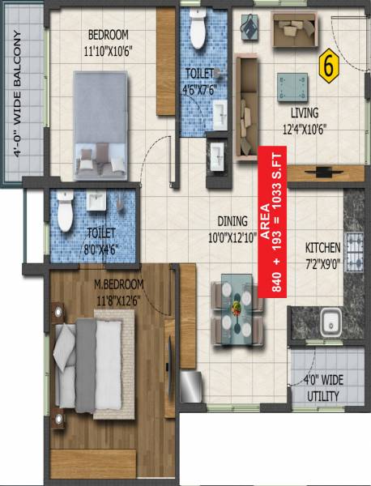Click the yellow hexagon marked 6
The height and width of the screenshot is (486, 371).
[x=329, y=66]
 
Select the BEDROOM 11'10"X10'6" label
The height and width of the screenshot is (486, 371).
[x=108, y=42]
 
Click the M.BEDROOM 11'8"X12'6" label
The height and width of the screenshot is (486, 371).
[x=118, y=291]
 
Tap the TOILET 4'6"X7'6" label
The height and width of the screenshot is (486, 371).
[x=198, y=82]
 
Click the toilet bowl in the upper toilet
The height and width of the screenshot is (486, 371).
[x=197, y=32]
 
